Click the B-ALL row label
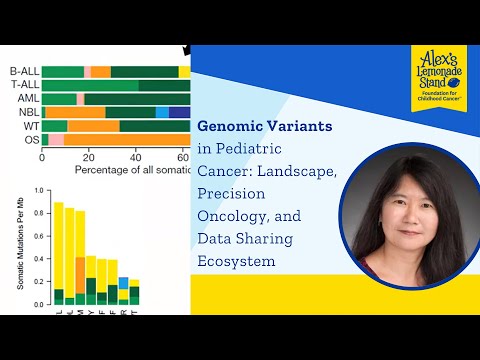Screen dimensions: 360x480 pyautogui.click(x=24, y=71)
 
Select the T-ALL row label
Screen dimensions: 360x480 pyautogui.click(x=24, y=85)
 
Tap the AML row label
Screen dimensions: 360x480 pyautogui.click(x=27, y=98)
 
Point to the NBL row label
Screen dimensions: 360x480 pyautogui.click(x=27, y=112)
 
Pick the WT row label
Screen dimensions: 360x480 pyautogui.click(x=31, y=126)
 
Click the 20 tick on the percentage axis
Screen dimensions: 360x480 pyautogui.click(x=88, y=157)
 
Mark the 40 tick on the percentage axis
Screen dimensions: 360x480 pyautogui.click(x=135, y=157)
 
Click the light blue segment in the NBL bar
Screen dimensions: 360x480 pyautogui.click(x=162, y=112)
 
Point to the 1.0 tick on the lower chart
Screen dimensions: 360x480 pyautogui.click(x=38, y=189)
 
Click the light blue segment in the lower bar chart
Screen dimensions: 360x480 pyautogui.click(x=123, y=283)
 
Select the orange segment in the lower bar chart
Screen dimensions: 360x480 pyautogui.click(x=80, y=275)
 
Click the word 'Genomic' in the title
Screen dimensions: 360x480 pyautogui.click(x=234, y=128)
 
